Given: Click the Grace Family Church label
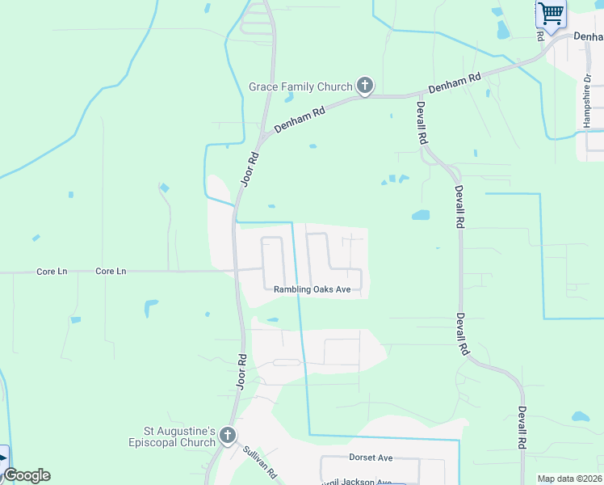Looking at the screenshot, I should (x=300, y=87).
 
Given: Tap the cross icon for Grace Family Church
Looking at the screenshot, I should (x=365, y=86).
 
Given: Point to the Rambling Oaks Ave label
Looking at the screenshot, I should (x=312, y=289).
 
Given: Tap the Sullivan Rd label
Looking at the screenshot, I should (x=262, y=464).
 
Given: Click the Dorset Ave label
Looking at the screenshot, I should (x=371, y=458).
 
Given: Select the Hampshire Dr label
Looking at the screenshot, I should (x=587, y=100).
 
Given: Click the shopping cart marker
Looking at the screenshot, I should (x=551, y=14).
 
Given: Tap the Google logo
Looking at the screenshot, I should (x=27, y=475).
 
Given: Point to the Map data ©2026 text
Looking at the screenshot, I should (x=570, y=479).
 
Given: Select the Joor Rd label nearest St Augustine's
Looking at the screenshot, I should (x=241, y=371).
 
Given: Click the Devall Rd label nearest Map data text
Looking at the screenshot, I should (x=522, y=428).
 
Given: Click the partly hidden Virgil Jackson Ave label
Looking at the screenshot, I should (x=359, y=482).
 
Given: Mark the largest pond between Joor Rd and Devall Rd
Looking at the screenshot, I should (x=421, y=215).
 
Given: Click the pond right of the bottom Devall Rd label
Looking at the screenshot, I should (x=581, y=417).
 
